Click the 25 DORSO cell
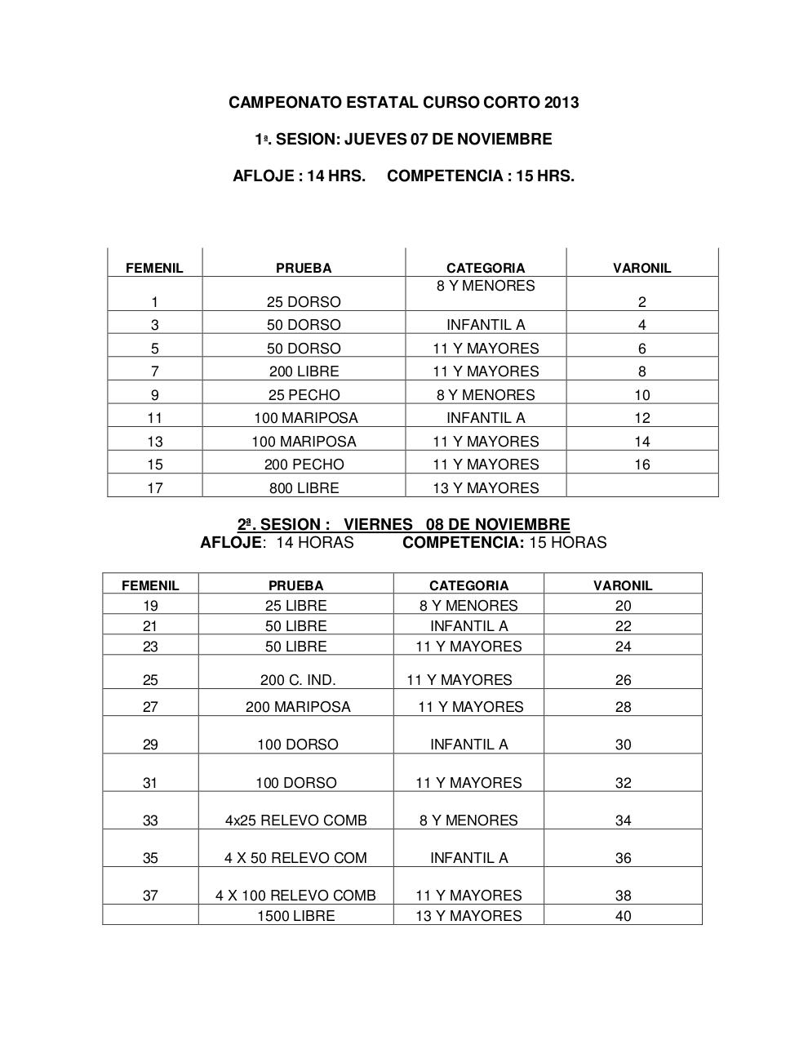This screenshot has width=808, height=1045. coord(304,302)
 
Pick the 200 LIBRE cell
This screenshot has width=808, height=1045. coord(304,371)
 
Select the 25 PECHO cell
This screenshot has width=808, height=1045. coord(304,395)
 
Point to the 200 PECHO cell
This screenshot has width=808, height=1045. coord(304,465)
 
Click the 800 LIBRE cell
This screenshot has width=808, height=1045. coord(304,488)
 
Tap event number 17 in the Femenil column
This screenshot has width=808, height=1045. coord(154,488)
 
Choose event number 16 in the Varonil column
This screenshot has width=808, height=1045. coord(642,465)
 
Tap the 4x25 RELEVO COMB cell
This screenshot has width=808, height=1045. coord(296,820)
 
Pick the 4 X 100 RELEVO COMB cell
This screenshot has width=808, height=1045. coord(295,896)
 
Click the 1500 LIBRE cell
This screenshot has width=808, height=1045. coord(295,916)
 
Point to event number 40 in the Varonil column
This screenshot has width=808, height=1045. coord(623,916)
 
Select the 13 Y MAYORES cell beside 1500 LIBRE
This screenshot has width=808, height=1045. coord(468,916)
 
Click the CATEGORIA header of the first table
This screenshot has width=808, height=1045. coord(486,268)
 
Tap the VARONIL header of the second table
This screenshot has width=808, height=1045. coord(623,585)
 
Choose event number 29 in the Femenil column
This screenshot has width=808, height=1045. coord(150,745)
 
